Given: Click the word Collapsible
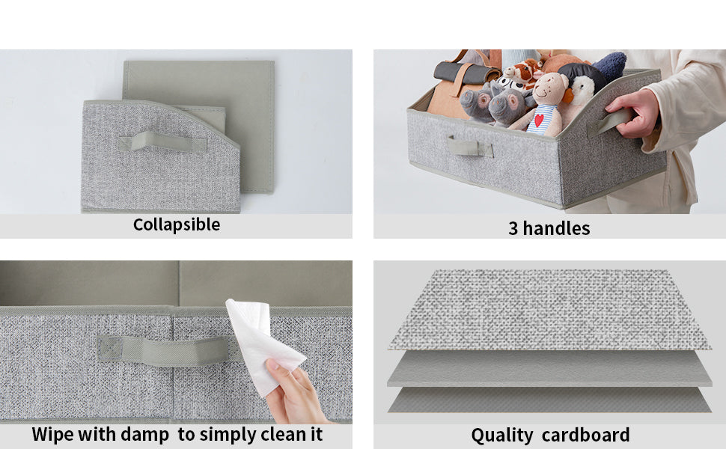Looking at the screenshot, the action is coord(177,225).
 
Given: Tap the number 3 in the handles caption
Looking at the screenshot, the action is coord(513,229).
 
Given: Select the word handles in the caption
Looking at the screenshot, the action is coord(556,228).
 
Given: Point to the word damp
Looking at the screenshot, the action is coord(144,435).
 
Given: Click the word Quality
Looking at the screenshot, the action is coord(502,436).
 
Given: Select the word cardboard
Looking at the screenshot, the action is coord(586,435).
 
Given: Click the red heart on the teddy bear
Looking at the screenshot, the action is coord(539,120).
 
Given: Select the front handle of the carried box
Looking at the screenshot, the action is coord(469,147).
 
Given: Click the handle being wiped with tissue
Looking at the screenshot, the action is coord(163,350).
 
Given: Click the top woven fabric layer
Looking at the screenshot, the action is coord(549,309).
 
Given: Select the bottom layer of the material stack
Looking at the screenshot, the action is coord(549,400).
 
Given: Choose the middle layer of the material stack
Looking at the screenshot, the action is coord(549,368).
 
